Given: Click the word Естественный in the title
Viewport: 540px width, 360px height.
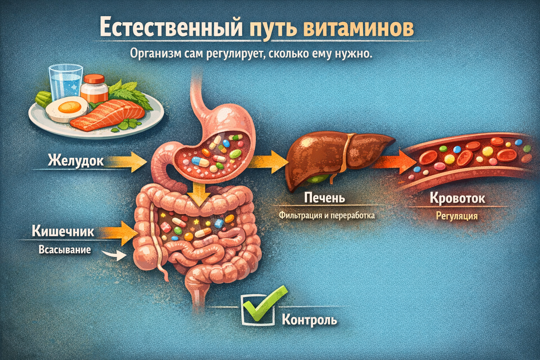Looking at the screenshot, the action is pos(171,27).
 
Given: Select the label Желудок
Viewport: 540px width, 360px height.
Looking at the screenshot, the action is pos(76,161).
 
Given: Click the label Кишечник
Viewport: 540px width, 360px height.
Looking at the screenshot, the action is pos(63,231).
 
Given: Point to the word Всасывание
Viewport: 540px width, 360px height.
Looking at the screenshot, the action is pos(65,250).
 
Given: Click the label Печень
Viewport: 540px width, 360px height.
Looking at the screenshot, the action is pos(324,198).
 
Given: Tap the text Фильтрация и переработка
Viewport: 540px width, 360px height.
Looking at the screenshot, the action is pos(327,215).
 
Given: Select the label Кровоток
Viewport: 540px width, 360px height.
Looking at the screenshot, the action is pos(457,198).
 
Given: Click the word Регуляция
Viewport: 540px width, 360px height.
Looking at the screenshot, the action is pos(457,216).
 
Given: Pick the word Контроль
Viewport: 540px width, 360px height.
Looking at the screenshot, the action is pos(309,320).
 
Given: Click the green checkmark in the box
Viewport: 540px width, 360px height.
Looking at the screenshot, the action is pos(265,303).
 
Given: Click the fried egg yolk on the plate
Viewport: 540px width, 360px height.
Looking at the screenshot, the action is pos(70,107).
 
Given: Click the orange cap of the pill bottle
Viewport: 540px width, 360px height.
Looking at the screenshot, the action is pos(94,79).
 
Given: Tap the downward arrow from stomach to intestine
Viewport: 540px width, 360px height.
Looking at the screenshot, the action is pos(198,194).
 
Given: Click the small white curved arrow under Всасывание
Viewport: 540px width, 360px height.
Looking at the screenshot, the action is pos(114,255).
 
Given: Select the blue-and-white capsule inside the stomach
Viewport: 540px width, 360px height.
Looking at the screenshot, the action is pos(200,161).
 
